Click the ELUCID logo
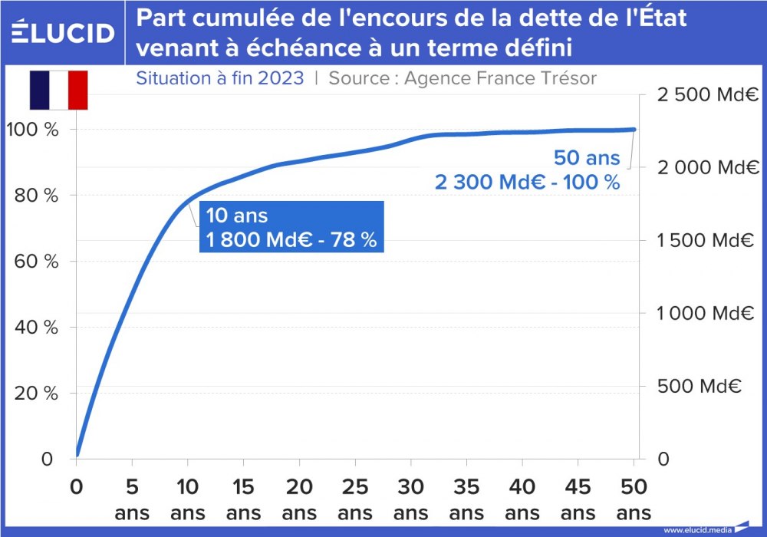[64, 32]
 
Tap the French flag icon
[59, 90]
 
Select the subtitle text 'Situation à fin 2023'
[219, 78]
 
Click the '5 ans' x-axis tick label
[132, 499]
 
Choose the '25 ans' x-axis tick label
[354, 499]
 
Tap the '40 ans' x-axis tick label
[522, 499]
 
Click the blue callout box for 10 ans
[291, 227]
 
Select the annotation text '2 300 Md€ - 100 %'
[527, 183]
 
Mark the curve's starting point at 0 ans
[77, 454]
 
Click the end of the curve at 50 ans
[634, 130]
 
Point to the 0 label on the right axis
[663, 460]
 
